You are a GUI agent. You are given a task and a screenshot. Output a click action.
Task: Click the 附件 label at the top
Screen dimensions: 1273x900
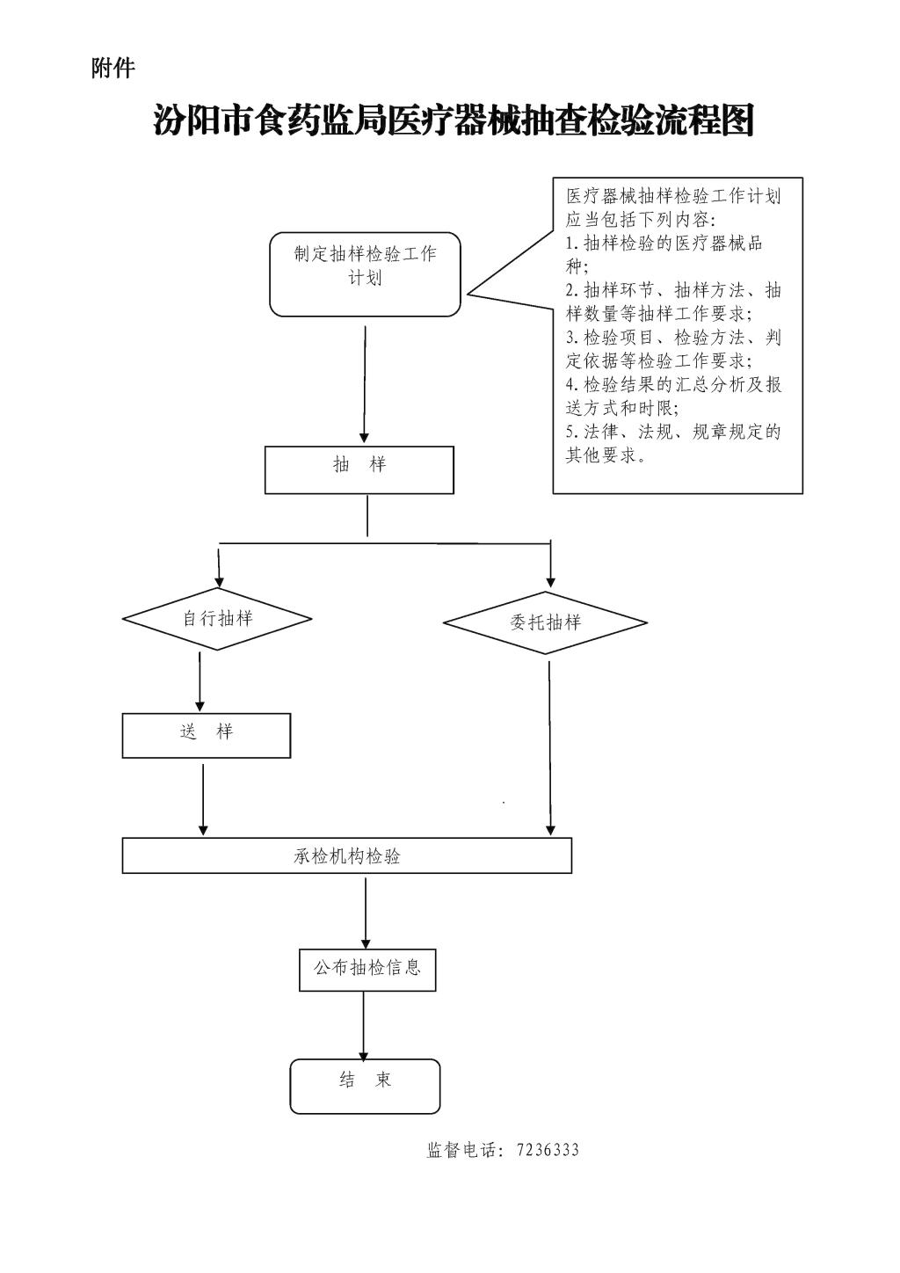(x=112, y=68)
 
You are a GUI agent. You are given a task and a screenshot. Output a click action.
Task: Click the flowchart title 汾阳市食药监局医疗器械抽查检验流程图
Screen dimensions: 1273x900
(x=454, y=120)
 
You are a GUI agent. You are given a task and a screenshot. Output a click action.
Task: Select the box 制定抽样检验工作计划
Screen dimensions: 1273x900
(x=365, y=273)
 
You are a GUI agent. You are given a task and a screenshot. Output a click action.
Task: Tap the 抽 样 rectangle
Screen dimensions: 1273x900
(x=359, y=469)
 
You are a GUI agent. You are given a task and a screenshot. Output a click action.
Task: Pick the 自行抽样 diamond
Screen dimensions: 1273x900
(x=217, y=619)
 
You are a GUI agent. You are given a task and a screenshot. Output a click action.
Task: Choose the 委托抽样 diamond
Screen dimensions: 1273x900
(x=545, y=622)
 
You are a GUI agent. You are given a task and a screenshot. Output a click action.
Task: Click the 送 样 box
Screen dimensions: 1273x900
(x=207, y=735)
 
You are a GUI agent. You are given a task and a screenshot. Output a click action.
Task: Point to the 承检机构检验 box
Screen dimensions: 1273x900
(x=347, y=855)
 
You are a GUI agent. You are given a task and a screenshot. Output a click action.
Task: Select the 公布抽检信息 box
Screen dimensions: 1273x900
(x=367, y=969)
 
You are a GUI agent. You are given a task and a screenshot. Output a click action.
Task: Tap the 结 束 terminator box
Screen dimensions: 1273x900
(x=365, y=1086)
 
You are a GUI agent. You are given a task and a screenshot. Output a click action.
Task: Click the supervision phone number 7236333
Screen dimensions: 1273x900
(x=548, y=1151)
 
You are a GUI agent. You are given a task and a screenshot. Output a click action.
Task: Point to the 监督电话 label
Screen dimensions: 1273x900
(x=463, y=1151)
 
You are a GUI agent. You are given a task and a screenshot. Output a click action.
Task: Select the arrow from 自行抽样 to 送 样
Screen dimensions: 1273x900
(x=200, y=680)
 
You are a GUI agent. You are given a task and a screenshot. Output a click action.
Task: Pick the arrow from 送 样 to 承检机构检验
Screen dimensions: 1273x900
(x=204, y=798)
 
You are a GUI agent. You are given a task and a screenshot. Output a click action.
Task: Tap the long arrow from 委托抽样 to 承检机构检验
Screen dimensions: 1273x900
(x=550, y=747)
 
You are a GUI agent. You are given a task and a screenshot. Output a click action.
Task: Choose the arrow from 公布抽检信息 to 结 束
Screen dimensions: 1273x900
(x=363, y=1025)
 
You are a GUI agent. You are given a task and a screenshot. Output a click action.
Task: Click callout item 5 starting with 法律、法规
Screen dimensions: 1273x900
(x=672, y=443)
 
